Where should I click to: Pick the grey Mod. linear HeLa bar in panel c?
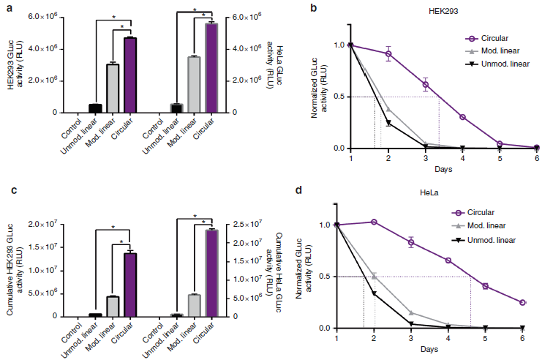pyautogui.click(x=194, y=305)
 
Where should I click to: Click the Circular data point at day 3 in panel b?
pyautogui.click(x=425, y=85)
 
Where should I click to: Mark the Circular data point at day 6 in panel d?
pyautogui.click(x=522, y=302)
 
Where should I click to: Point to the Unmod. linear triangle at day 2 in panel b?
pyautogui.click(x=388, y=123)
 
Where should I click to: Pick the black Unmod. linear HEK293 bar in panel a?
pyautogui.click(x=95, y=108)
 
